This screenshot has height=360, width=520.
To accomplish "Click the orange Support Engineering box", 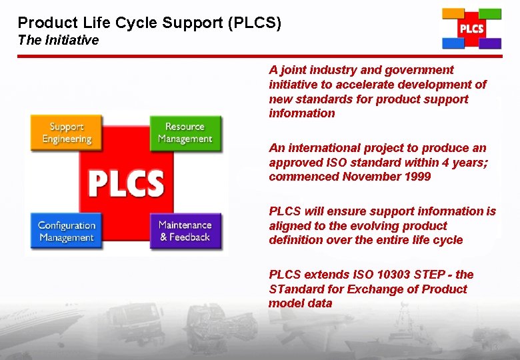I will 67,133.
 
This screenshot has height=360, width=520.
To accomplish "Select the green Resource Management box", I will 185,133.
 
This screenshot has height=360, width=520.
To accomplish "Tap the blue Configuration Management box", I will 67,231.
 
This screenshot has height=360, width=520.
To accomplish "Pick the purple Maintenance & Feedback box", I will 185,231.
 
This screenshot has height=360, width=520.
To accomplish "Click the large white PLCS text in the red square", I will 126,183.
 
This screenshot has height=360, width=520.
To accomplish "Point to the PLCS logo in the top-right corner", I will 471,29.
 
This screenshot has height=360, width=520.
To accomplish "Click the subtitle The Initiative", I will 58,40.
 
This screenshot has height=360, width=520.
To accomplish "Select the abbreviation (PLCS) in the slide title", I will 255,23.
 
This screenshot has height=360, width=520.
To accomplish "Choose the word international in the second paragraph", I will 321,148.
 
